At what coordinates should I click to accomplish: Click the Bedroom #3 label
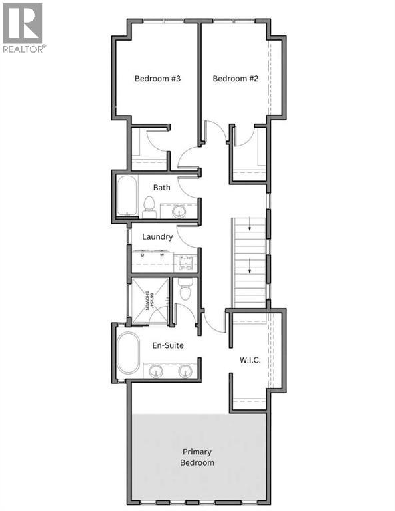click(158, 79)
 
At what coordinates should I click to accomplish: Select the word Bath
click(162, 188)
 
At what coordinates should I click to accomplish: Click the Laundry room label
click(158, 236)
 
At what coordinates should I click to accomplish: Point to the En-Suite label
click(167, 346)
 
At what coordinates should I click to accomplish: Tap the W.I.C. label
click(250, 360)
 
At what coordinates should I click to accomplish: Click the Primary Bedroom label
click(197, 456)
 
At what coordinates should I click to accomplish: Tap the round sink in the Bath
click(179, 212)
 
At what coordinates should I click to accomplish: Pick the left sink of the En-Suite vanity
click(155, 371)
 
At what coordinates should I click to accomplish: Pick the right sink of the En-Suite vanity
click(185, 371)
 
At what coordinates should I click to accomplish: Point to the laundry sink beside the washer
click(187, 261)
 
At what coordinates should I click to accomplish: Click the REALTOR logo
click(23, 27)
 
